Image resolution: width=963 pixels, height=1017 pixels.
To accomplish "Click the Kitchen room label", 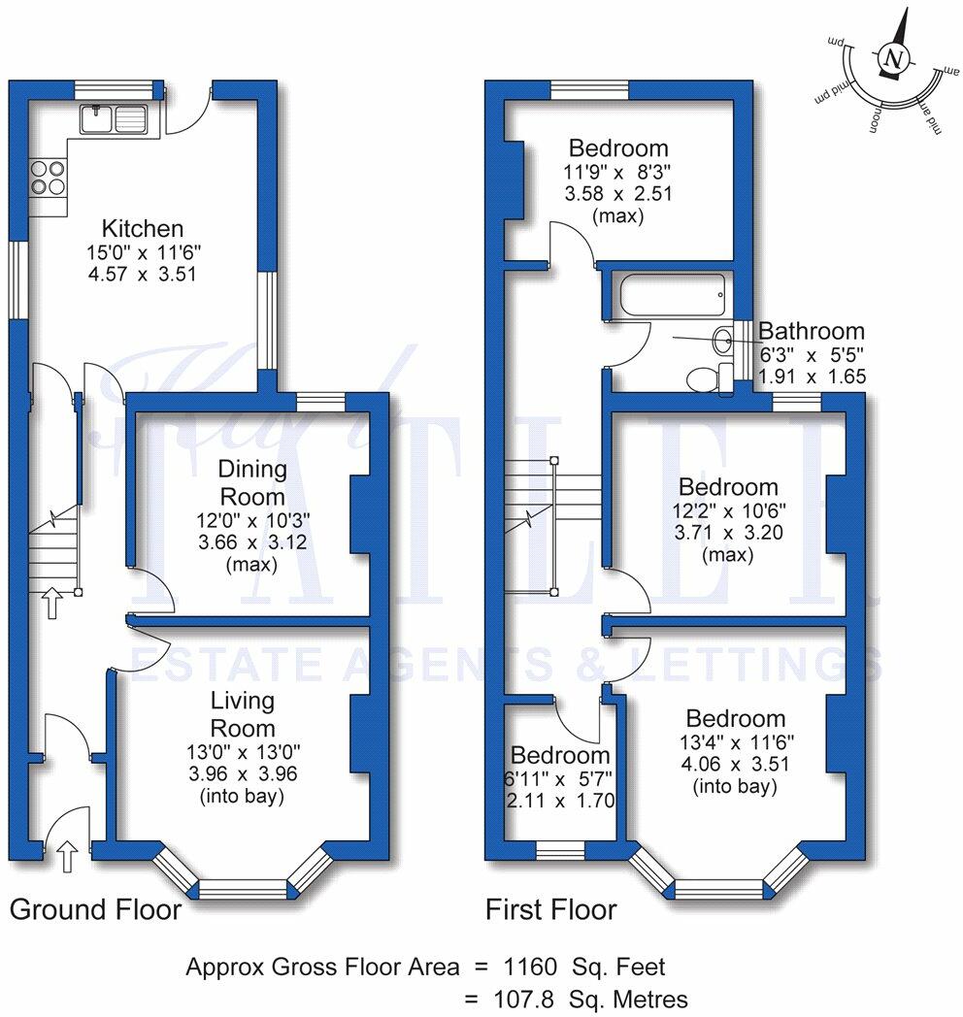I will click(143, 229).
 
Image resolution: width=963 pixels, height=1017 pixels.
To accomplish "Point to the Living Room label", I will click(243, 714).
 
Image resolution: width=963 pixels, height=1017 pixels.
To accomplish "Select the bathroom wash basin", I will click(723, 341).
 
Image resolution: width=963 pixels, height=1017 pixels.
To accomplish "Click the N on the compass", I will click(893, 59).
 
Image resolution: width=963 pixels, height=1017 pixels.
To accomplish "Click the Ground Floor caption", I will click(95, 909).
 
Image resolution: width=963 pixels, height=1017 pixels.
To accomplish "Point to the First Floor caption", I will click(550, 909).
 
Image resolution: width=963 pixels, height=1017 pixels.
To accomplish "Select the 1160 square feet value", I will click(530, 967).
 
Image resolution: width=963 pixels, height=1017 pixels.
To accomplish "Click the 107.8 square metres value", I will click(527, 999).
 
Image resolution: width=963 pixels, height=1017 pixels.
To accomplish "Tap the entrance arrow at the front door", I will click(66, 856).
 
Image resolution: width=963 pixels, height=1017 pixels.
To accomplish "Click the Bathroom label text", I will click(811, 331).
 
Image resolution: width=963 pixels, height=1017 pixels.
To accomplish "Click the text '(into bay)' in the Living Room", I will click(243, 798).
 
